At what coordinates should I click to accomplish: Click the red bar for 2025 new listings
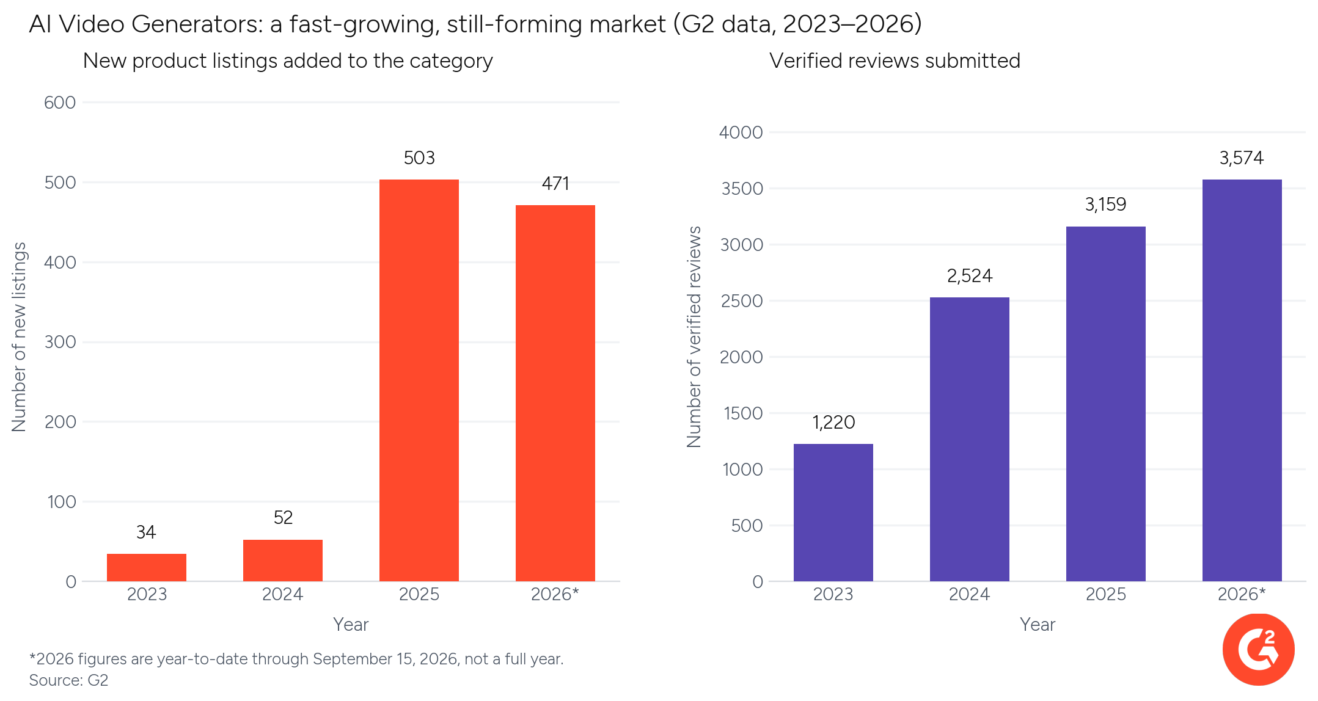pyautogui.click(x=419, y=380)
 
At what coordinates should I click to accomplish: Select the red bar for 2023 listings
pyautogui.click(x=147, y=567)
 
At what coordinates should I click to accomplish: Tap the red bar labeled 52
pyautogui.click(x=283, y=561)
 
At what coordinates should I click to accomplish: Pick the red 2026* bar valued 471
pyautogui.click(x=555, y=393)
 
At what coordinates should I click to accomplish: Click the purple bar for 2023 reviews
pyautogui.click(x=833, y=512)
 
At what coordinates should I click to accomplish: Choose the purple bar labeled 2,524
pyautogui.click(x=970, y=439)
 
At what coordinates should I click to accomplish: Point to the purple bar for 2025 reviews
pyautogui.click(x=1106, y=404)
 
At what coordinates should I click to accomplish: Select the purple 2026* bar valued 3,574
pyautogui.click(x=1242, y=380)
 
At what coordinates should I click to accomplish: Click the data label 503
pyautogui.click(x=419, y=158)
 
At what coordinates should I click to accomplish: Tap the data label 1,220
pyautogui.click(x=833, y=423)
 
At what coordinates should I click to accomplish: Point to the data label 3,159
pyautogui.click(x=1106, y=205)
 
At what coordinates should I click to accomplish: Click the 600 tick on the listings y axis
pyautogui.click(x=60, y=103)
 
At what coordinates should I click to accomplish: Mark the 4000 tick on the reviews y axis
pyautogui.click(x=741, y=133)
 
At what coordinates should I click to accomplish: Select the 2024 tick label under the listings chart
pyautogui.click(x=283, y=594)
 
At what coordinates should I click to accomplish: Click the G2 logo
pyautogui.click(x=1258, y=650)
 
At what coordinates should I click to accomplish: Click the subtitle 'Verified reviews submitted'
pyautogui.click(x=895, y=61)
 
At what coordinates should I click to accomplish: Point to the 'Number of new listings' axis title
pyautogui.click(x=20, y=337)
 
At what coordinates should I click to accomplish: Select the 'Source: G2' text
pyautogui.click(x=68, y=680)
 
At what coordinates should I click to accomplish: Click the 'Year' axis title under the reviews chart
pyautogui.click(x=1038, y=625)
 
